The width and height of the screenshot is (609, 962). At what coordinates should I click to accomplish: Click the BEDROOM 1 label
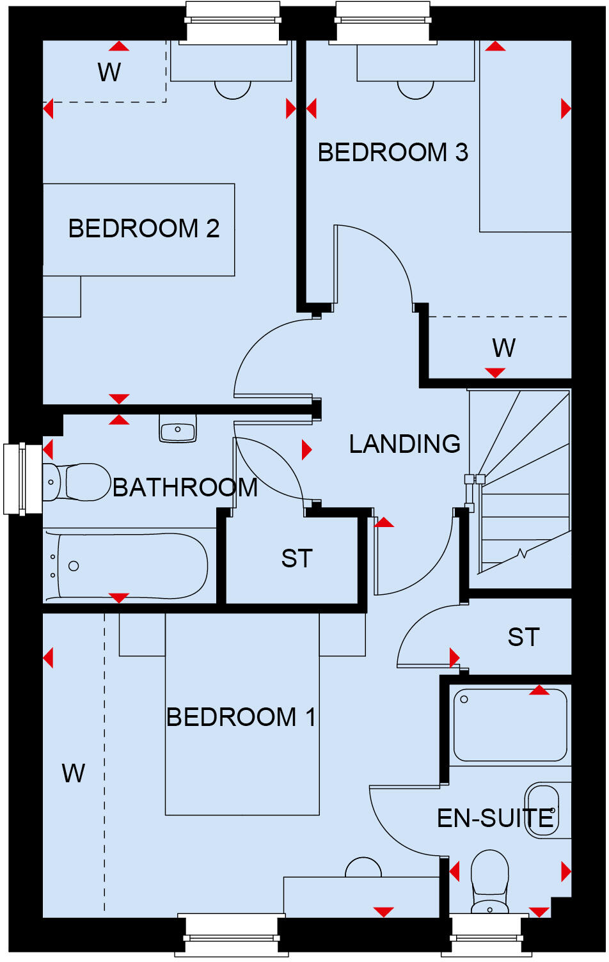(241, 717)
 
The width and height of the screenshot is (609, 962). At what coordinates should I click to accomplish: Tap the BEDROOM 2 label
(144, 228)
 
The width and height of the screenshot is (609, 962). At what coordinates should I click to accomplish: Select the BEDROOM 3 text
(393, 152)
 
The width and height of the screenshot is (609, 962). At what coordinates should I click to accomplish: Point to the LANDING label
(404, 443)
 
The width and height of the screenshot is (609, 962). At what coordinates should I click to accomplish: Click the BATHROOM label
(185, 487)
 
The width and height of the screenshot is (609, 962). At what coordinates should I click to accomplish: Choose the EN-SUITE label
(494, 818)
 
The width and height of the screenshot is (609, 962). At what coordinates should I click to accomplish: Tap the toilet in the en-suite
(489, 879)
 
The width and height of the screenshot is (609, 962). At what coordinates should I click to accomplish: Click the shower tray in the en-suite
(510, 725)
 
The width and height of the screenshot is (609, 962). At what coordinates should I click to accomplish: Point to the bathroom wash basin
(178, 429)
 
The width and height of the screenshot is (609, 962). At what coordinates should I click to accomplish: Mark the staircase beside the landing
(521, 486)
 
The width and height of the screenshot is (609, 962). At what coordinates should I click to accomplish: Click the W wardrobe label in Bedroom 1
(74, 773)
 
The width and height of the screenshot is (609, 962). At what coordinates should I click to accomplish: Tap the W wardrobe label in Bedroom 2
(109, 72)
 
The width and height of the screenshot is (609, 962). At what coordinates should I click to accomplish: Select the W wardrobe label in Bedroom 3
(503, 348)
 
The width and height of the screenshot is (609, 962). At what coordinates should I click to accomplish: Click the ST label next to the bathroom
(297, 558)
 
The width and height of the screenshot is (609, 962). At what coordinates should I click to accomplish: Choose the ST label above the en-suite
(523, 637)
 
